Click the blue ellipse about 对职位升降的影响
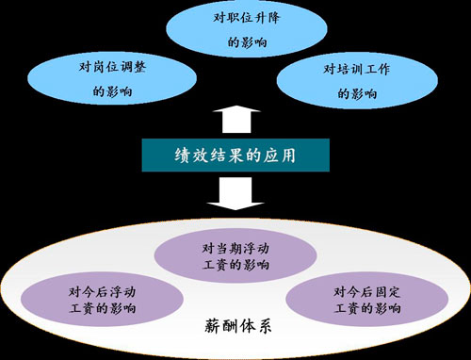246,29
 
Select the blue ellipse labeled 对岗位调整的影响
112,78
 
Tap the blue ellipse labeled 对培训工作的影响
357,81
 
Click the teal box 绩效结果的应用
235,155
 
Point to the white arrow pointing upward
236,120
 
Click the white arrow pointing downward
235,193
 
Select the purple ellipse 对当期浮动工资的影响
235,255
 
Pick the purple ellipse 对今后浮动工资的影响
102,299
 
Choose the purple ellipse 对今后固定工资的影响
367,299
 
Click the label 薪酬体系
237,326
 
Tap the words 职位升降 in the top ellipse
253,18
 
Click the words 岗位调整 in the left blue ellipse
120,67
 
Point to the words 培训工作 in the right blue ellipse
364,69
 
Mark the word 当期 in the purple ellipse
227,249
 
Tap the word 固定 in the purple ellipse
389,292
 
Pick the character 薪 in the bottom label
213,326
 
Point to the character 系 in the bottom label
263,326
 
